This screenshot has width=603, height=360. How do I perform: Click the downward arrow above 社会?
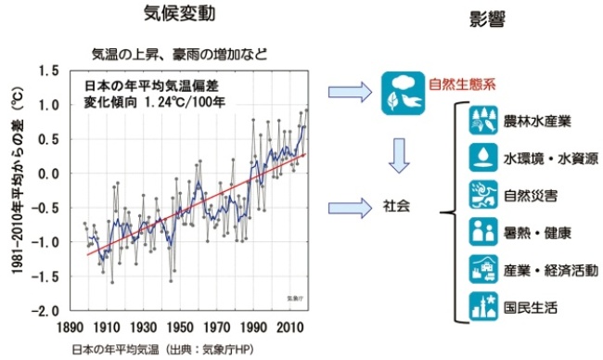tap(399, 154)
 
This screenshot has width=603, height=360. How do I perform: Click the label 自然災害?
tap(527, 197)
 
